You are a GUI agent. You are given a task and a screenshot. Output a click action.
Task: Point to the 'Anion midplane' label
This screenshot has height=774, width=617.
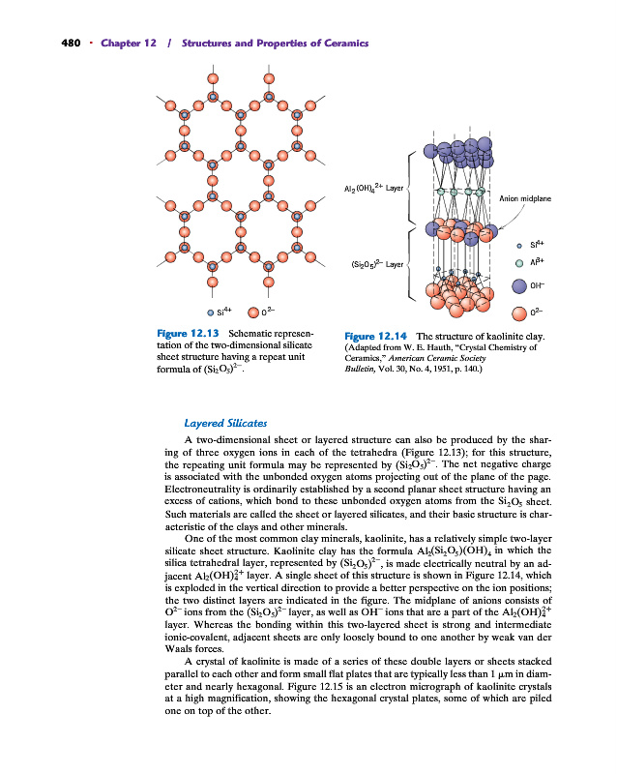(x=524, y=198)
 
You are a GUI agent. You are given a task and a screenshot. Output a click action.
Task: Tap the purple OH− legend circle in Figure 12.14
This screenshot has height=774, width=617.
(x=520, y=285)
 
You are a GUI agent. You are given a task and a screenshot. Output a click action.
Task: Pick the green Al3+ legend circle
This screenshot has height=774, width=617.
(x=519, y=262)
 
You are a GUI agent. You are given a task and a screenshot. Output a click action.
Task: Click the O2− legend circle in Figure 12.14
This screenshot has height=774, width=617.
(x=520, y=313)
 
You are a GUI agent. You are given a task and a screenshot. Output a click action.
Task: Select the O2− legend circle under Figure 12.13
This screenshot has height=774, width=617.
(x=254, y=313)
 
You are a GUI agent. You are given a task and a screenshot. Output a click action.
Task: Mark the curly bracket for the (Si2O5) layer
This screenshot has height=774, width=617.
(x=412, y=263)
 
